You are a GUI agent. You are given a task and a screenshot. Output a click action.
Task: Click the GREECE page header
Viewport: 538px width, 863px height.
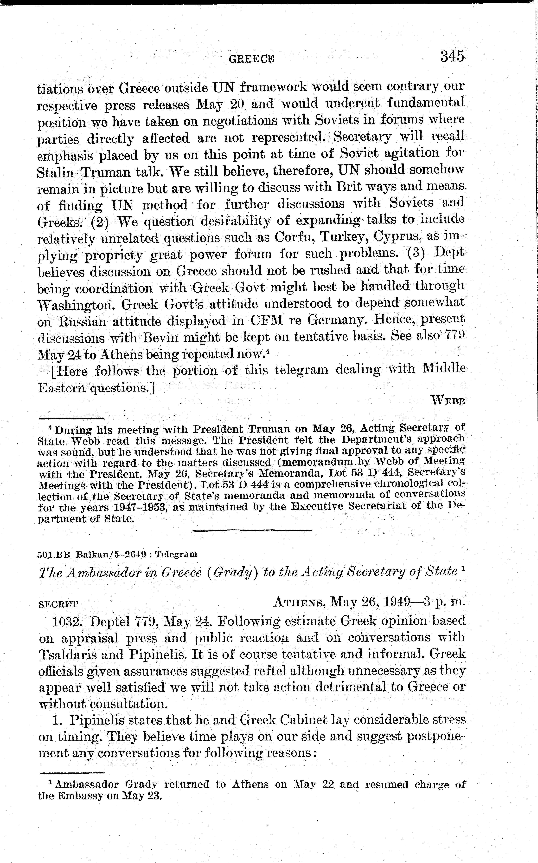(x=252, y=59)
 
